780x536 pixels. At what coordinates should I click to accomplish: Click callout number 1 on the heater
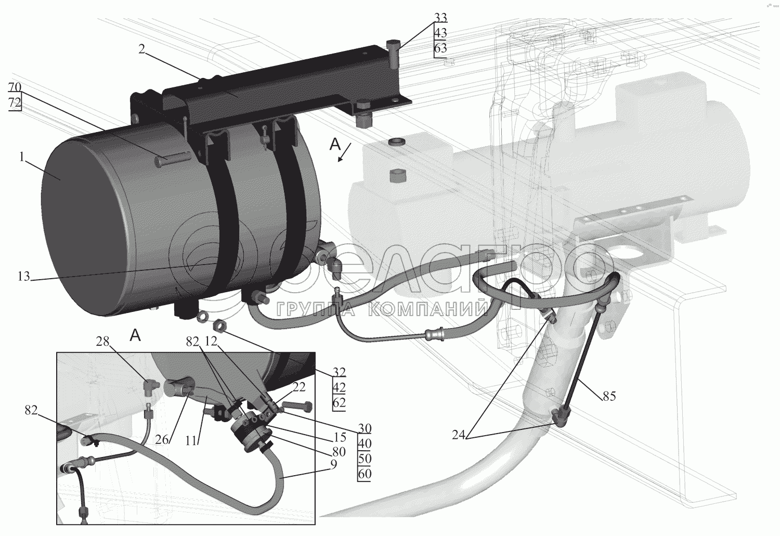(22, 158)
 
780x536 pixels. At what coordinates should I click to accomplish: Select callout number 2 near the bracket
(141, 49)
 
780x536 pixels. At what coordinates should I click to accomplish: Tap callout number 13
(24, 277)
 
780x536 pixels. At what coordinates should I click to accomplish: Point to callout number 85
(609, 396)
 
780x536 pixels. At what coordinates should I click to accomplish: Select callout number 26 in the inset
(162, 440)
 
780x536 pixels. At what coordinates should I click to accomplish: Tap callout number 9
(334, 464)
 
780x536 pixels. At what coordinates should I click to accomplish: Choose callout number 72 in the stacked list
(14, 102)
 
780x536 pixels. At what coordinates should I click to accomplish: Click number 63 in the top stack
(440, 48)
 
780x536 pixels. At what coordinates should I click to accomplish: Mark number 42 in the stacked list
(339, 387)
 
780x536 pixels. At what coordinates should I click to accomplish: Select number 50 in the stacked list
(365, 459)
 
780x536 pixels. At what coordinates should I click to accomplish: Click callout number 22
(299, 387)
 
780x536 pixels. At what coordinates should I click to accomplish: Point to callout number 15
(340, 437)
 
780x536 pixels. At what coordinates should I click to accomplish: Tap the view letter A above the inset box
(135, 336)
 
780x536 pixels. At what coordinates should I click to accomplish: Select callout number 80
(339, 451)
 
